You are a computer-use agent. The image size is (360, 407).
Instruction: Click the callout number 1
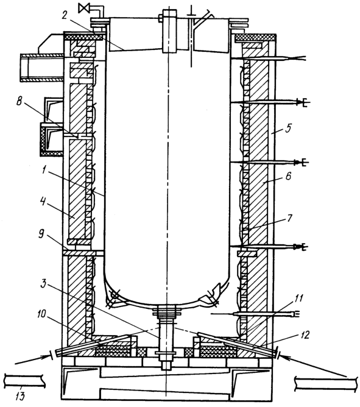coord(44,171)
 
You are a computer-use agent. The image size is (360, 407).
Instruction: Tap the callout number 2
coord(65,15)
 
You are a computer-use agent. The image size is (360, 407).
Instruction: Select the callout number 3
coord(43,284)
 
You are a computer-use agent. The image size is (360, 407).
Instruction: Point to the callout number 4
coord(43,202)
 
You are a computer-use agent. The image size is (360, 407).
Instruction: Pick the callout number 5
coord(288,129)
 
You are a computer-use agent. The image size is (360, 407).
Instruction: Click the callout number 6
coord(288,176)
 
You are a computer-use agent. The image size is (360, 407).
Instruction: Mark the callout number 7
coord(290,218)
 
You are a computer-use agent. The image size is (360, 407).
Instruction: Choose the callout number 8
coord(19,101)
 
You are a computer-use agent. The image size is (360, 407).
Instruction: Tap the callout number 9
coord(41,235)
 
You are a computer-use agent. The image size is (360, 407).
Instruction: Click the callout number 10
coord(41,314)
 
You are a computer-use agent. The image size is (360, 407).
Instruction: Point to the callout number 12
coord(305,335)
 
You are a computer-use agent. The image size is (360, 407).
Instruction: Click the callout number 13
coord(20,397)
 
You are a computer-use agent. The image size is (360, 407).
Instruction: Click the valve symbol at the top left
coord(85,9)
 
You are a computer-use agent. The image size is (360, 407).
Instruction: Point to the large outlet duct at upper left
coord(42,68)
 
